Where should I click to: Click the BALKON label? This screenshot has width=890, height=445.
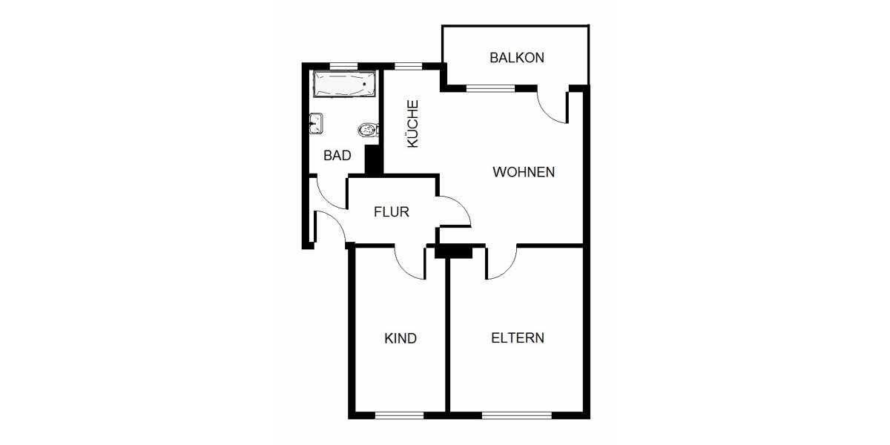point(517,57)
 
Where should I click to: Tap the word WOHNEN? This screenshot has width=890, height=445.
point(524,172)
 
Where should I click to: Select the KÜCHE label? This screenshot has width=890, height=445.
point(413,124)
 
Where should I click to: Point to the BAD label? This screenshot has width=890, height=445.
point(337,156)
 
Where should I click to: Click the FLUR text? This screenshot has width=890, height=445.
point(392,212)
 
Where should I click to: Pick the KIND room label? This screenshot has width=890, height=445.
point(400,338)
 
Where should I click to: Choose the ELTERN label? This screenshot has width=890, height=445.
point(518,338)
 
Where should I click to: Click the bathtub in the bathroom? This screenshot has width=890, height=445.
point(343,84)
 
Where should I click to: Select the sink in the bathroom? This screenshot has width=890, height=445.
point(315,123)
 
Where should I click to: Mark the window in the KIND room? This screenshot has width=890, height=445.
point(399,415)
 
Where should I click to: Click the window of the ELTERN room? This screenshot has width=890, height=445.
point(517,415)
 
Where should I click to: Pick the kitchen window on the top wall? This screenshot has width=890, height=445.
point(407,66)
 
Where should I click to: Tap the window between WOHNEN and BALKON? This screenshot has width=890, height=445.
point(490,88)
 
